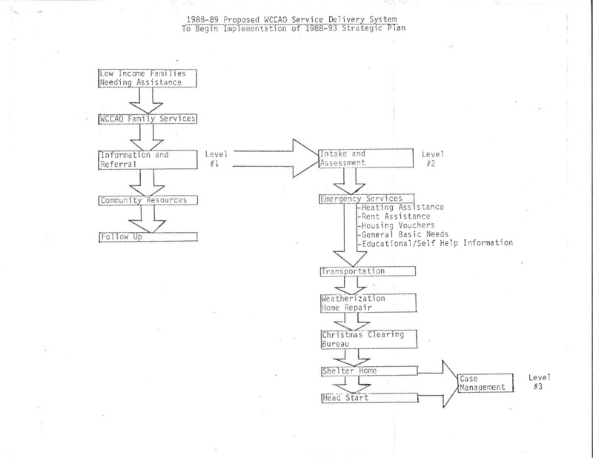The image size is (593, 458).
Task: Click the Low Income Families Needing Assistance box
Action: coord(148,79)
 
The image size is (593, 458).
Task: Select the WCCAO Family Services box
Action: coord(148,119)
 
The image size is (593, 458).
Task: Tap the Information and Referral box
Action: coord(148,159)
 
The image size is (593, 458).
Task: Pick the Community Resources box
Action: coord(148,200)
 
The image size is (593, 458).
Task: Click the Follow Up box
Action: coord(148,236)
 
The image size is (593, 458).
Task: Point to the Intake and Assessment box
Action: coord(366,158)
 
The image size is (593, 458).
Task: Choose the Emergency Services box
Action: coord(367,199)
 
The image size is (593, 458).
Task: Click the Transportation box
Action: coord(368,271)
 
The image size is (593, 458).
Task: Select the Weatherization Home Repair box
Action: coord(368,303)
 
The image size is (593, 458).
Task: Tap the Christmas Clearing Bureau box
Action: coord(369,339)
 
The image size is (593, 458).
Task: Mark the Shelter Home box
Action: coord(370,371)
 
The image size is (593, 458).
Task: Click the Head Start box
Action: coord(370,398)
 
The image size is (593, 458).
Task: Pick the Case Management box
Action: coord(486,382)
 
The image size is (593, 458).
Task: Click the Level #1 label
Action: coord(216,159)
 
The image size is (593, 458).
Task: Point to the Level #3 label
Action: coord(540,382)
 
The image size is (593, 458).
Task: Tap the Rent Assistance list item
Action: coord(394,216)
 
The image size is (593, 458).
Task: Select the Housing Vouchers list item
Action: coord(396,225)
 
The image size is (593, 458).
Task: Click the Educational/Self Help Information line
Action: coord(435,243)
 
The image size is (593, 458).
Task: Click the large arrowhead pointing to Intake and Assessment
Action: coord(305,159)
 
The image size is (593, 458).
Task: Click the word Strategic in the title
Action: coord(362,28)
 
